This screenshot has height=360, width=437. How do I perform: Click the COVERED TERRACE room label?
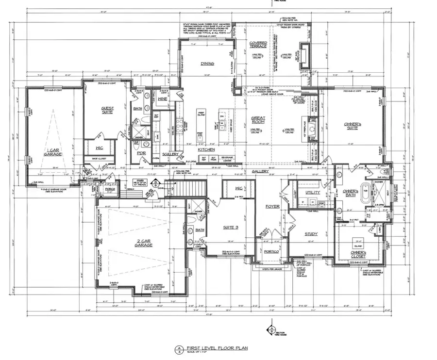click(x=258, y=45)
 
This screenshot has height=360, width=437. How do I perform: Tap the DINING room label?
click(x=207, y=64)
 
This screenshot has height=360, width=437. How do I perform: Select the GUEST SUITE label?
click(x=107, y=110)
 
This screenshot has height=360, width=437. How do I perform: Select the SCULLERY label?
click(x=170, y=154)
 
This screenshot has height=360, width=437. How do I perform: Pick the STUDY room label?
click(x=311, y=234)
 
